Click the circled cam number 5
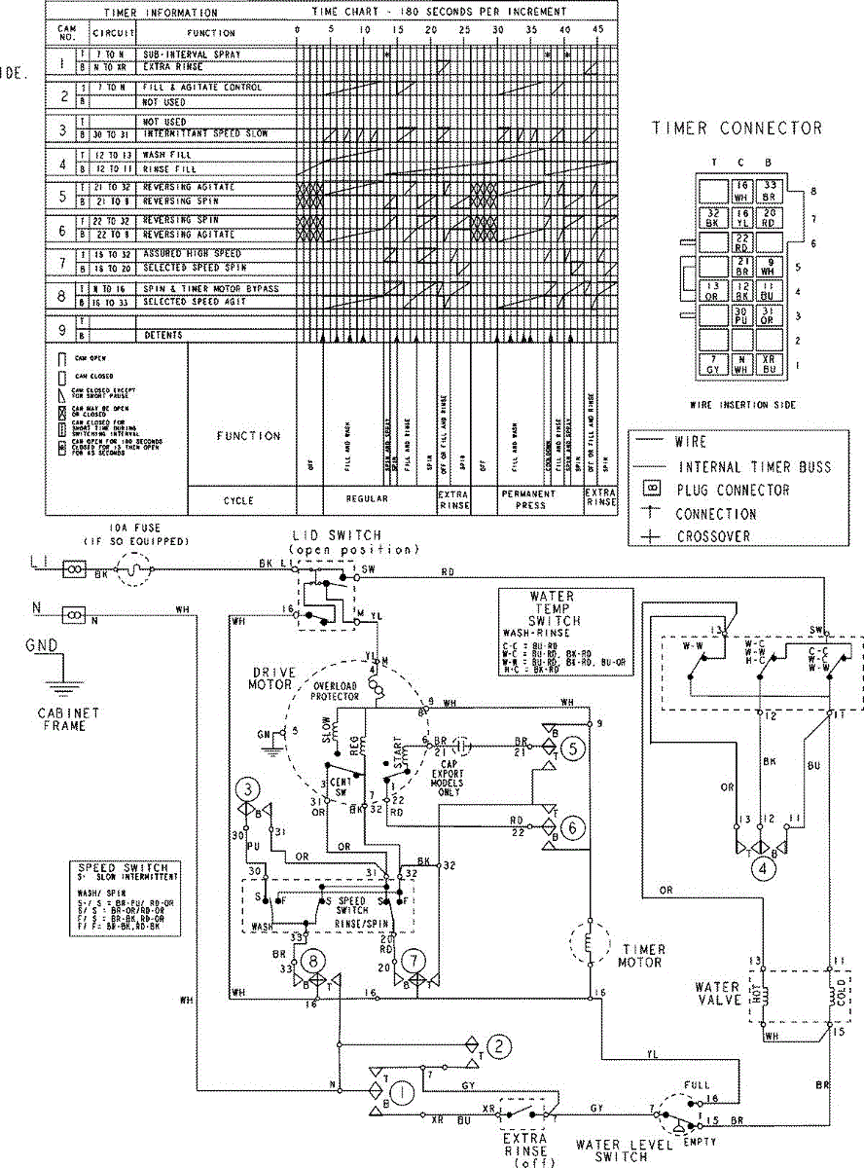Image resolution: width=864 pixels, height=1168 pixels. pos(575,748)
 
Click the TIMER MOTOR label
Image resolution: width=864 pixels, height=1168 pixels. pos(641,956)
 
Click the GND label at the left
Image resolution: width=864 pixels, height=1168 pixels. pos(39,646)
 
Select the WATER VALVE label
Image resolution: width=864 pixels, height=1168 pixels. pos(717,995)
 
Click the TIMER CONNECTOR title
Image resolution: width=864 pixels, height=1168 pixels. pos(737,128)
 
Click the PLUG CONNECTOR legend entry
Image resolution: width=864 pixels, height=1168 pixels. pos(732,490)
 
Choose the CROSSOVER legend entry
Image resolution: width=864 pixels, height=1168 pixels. pos(723,536)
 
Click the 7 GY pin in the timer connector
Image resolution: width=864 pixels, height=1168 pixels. pos(714,365)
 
